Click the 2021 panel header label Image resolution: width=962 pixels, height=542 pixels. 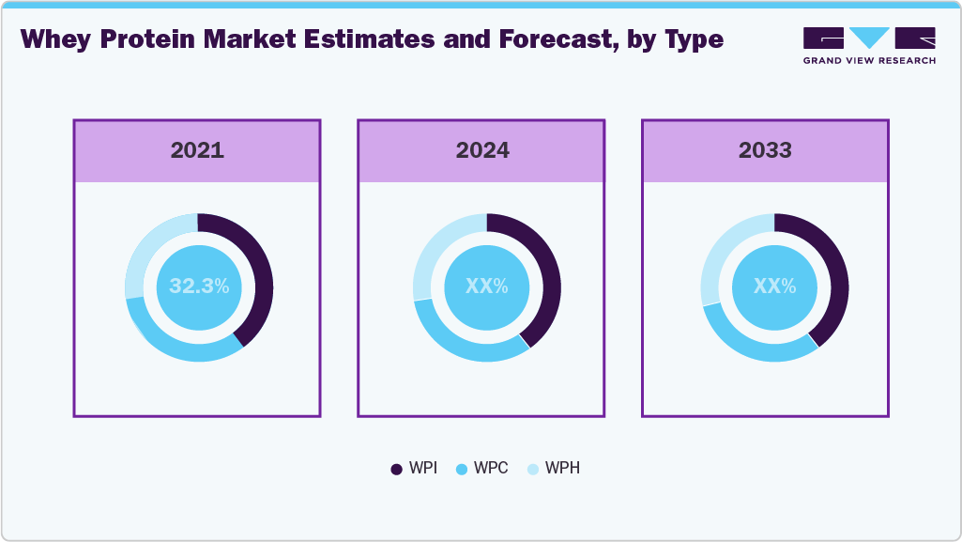point(197,150)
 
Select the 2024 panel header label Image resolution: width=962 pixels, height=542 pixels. point(482,150)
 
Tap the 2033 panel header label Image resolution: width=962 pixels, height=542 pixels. point(765,150)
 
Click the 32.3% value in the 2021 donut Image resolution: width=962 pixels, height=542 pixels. point(199,286)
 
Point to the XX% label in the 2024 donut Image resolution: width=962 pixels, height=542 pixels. point(486,286)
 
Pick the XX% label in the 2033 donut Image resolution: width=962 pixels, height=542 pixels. point(774,286)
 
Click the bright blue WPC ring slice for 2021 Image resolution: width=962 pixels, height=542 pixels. point(178,347)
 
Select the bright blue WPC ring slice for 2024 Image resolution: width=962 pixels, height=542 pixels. point(465,347)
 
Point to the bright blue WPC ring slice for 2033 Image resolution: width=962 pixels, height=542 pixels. point(753,347)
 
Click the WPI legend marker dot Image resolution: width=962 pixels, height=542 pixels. point(396,469)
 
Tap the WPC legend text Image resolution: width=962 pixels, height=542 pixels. point(491,469)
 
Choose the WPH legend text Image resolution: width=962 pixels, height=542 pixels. point(562,469)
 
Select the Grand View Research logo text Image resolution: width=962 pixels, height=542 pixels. point(868,61)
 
